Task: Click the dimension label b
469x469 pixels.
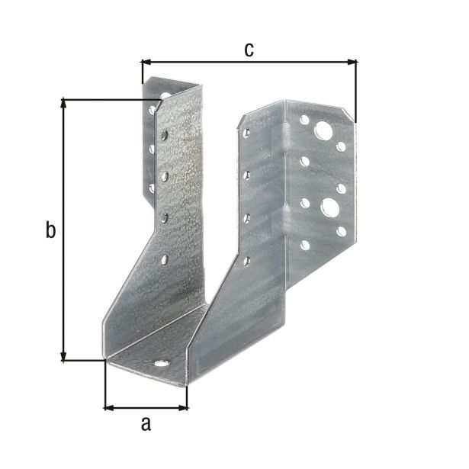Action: coord(50,230)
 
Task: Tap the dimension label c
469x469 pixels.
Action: coord(249,50)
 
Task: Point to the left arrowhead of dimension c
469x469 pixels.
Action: coord(147,62)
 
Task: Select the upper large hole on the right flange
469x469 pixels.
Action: coord(326,131)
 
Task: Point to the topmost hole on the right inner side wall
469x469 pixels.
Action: coord(246,133)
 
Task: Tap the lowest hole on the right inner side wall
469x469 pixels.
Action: coord(246,262)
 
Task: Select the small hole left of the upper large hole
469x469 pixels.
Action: coord(304,120)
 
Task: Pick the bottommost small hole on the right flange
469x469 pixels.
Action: coord(304,246)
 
